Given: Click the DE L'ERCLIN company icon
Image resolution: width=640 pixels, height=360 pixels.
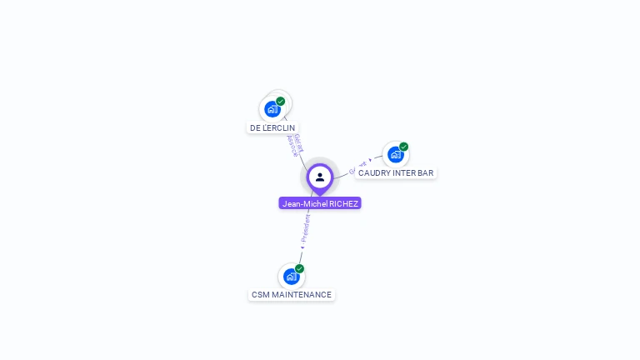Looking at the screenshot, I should (x=272, y=108).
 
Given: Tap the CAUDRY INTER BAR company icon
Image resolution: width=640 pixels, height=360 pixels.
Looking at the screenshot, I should (x=396, y=154).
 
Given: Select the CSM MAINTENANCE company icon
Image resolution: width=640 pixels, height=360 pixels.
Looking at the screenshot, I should (x=291, y=276).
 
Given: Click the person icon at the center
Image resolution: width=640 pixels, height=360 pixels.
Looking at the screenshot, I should (x=320, y=177).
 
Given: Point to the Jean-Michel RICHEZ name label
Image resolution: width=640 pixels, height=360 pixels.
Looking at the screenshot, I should (x=320, y=203).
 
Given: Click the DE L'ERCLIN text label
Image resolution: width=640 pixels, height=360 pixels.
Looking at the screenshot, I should (x=272, y=127).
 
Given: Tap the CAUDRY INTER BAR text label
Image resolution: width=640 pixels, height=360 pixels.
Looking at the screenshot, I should (x=396, y=173).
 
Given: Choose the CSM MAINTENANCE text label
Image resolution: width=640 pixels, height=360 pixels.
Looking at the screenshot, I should (x=292, y=295).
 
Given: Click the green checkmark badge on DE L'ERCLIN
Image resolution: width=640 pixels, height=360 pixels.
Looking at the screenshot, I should (x=281, y=101).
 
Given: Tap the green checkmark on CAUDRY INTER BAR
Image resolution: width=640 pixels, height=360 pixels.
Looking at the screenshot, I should (x=404, y=147).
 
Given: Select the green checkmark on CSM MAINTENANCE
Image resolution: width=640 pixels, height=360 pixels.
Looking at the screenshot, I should (x=299, y=268).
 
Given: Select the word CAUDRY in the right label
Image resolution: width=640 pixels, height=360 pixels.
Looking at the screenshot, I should (x=373, y=173).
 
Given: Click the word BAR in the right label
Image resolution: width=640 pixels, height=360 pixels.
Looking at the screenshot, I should (x=425, y=173).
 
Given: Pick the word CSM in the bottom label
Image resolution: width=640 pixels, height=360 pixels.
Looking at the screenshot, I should (x=260, y=295).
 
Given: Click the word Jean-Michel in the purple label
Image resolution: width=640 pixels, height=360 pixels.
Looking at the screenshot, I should (x=304, y=203).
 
